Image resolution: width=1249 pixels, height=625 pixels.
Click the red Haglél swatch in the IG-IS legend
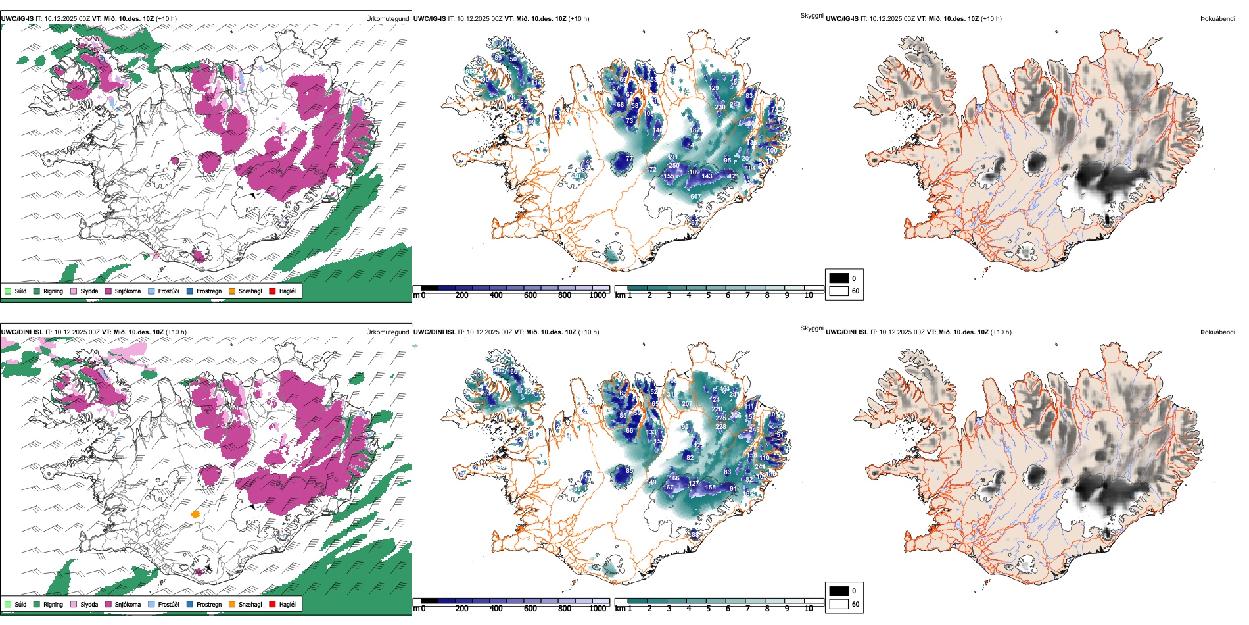(273, 291)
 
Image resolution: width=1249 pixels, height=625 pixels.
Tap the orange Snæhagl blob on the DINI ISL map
(195, 514)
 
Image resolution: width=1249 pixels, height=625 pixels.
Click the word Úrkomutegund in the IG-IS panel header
(387, 19)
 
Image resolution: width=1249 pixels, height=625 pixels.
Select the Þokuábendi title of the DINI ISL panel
(1217, 332)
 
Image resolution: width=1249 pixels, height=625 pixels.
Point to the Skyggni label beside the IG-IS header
(811, 16)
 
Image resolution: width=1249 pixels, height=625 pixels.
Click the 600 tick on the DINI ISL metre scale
(530, 609)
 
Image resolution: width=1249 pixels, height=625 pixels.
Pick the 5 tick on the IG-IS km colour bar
(708, 295)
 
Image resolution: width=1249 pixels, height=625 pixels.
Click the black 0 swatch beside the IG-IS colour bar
(839, 278)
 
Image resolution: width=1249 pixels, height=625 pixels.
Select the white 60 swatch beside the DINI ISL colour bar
(839, 604)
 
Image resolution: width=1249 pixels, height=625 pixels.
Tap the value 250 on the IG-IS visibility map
(674, 166)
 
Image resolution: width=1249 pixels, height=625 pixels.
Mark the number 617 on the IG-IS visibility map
(695, 197)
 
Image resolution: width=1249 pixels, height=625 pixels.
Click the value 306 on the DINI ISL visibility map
(736, 415)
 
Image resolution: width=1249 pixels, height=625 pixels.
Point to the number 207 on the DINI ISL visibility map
(687, 404)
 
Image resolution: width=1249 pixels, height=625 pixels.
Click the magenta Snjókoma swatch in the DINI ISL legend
(108, 604)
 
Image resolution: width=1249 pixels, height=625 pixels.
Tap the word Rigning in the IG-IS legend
(53, 291)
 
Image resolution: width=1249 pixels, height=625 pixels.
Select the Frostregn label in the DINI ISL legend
(208, 605)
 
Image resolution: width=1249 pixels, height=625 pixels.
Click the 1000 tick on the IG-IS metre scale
(598, 295)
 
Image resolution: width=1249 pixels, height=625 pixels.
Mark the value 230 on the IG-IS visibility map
(720, 107)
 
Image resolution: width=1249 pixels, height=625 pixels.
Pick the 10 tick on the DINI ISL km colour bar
(809, 609)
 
